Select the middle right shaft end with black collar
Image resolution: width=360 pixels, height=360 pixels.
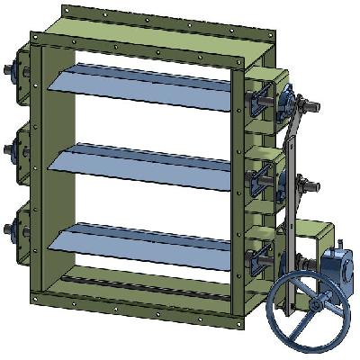coord(315,186)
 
